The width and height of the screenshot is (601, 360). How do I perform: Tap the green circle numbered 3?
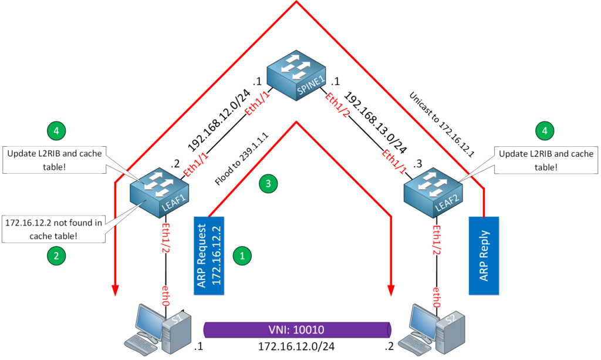click(268, 184)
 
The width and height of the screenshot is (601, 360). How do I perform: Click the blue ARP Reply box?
click(484, 255)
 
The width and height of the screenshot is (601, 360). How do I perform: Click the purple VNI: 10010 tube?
click(297, 329)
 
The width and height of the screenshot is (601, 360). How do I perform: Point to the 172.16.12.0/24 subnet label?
click(297, 347)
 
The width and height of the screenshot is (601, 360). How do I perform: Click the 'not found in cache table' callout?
click(53, 228)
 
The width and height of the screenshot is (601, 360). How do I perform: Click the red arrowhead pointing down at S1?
click(116, 290)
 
